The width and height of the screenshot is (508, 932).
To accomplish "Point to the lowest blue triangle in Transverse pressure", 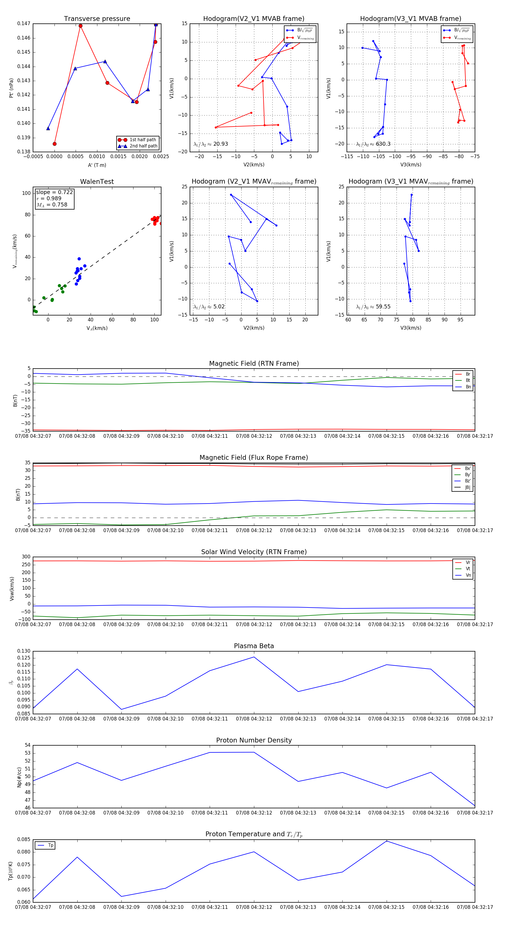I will [48, 129].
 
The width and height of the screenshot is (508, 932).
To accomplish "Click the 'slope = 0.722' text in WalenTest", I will [54, 192].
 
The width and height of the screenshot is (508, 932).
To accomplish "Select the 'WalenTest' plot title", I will [97, 182].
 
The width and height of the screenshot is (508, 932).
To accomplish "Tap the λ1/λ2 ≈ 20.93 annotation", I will [211, 144].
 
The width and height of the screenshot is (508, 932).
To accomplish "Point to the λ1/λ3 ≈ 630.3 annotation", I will [373, 144].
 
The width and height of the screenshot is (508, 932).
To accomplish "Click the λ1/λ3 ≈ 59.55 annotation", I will [373, 307].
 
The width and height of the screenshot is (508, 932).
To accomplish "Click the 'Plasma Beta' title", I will [254, 646].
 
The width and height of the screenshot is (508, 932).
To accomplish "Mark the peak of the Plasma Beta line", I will [254, 657].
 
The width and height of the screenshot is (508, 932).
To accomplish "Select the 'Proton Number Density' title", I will [254, 740].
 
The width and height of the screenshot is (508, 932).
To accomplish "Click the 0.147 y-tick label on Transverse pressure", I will [24, 24].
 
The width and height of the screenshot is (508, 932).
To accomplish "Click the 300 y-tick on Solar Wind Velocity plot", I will [26, 557].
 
